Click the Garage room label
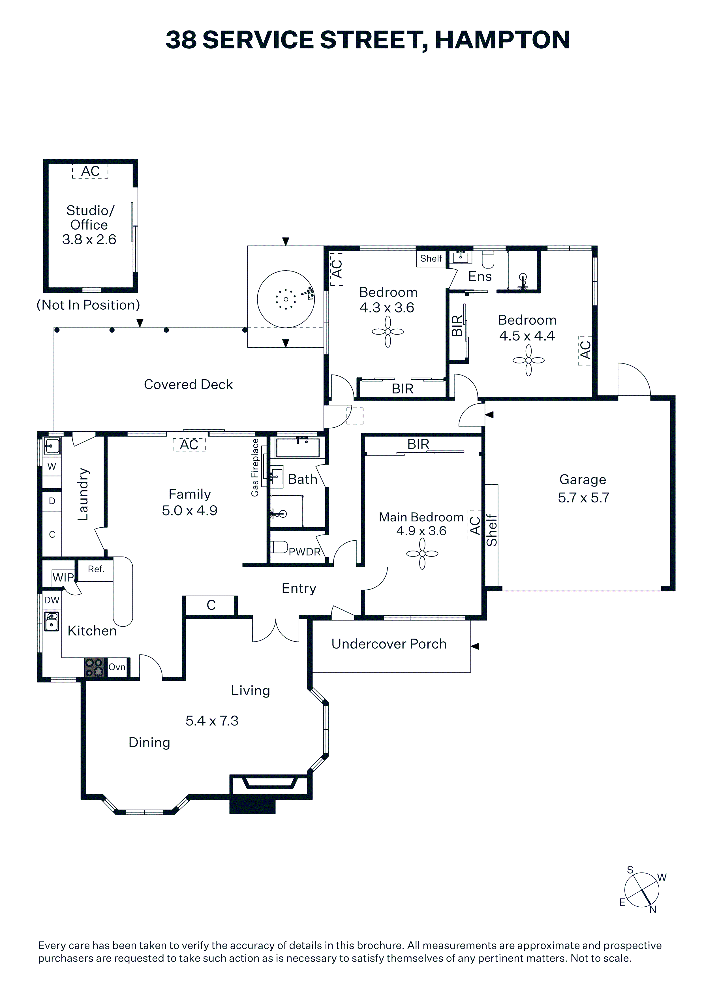coord(583,480)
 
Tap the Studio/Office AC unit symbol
coord(90,171)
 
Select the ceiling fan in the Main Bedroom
coord(422,554)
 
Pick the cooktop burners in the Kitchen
coord(94,667)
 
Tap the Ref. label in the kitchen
coord(96,569)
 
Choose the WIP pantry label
coord(63,577)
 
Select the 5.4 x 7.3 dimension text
coord(212,721)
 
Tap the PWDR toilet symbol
coord(279,547)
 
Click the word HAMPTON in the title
coord(502,40)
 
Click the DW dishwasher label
coord(52,600)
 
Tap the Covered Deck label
coord(188,384)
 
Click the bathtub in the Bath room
coord(298,448)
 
